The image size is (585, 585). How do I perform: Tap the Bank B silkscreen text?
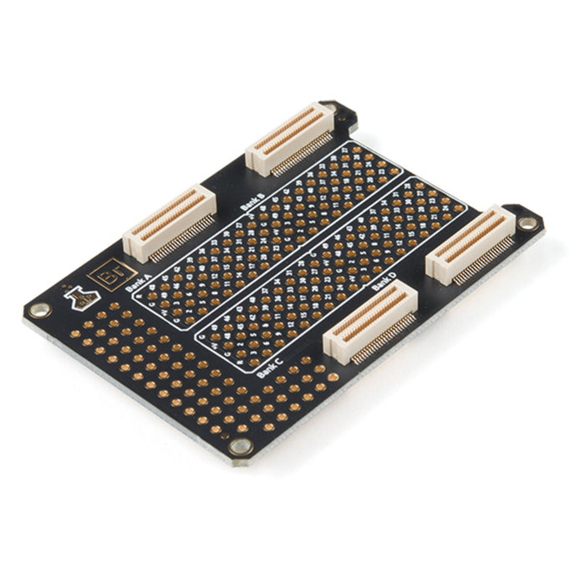coord(251,201)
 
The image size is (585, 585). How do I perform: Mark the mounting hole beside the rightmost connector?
coord(527,223)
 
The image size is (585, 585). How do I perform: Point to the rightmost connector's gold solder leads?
coord(485,259)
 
